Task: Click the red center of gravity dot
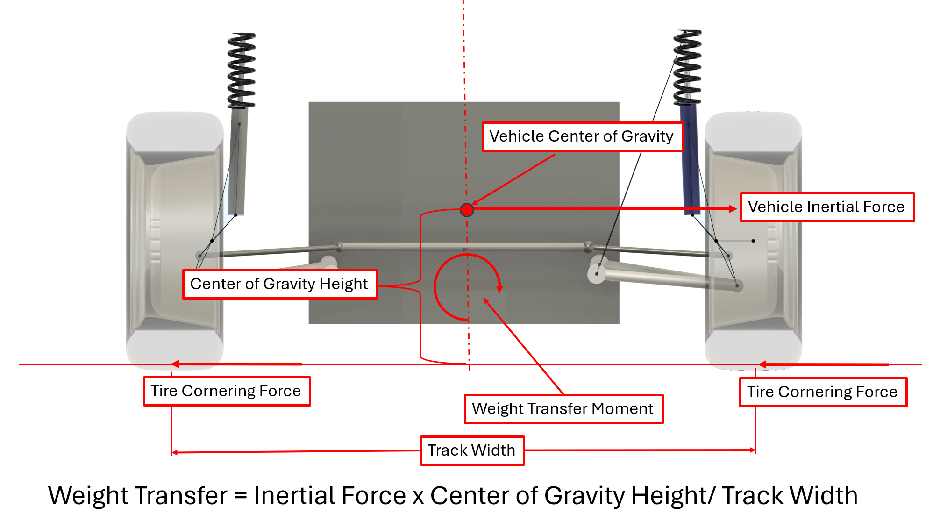[x=467, y=210]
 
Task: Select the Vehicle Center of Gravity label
[x=582, y=136]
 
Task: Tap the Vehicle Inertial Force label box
[x=826, y=207]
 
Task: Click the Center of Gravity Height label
[x=279, y=284]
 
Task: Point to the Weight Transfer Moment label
[x=563, y=409]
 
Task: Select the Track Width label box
[x=472, y=450]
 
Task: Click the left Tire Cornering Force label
[x=226, y=391]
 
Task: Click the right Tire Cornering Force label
[x=822, y=392]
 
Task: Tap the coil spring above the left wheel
[x=241, y=70]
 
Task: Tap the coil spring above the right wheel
[x=687, y=68]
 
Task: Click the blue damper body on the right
[x=690, y=159]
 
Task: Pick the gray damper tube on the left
[x=238, y=159]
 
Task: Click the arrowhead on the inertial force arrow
[x=733, y=209]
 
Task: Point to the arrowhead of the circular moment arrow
[x=499, y=289]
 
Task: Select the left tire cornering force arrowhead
[x=175, y=364]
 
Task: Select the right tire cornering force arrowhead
[x=762, y=364]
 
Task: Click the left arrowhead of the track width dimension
[x=174, y=452]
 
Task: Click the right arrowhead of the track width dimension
[x=752, y=450]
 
